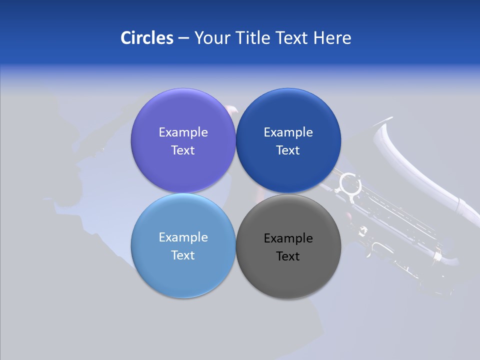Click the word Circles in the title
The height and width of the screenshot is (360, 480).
[x=146, y=37]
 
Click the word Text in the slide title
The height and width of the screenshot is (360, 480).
[x=292, y=37]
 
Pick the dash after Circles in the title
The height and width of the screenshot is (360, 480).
[x=183, y=38]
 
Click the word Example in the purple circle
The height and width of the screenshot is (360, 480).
[x=183, y=132]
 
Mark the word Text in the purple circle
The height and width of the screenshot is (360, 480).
[x=183, y=150]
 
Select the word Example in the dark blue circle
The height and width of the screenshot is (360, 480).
[x=288, y=132]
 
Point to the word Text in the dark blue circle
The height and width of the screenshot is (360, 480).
[x=288, y=150]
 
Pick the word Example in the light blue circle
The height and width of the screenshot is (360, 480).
[x=183, y=237]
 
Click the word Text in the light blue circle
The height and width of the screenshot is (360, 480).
[x=183, y=255]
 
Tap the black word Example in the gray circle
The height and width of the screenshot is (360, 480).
[x=288, y=238]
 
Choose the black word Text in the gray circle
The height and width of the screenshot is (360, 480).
[x=288, y=256]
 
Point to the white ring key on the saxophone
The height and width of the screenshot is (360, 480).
[x=350, y=184]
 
